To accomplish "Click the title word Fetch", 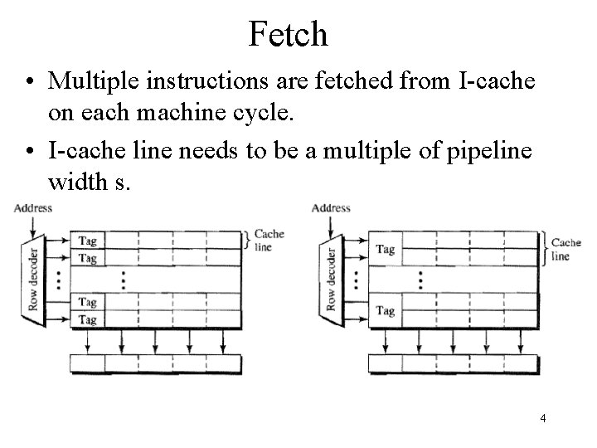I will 289,33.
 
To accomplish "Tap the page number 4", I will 542,419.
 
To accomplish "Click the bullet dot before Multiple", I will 29,81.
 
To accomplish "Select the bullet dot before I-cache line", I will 29,152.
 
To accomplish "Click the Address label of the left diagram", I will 33,207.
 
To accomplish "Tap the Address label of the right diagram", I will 331,207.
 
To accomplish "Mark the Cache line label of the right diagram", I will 566,249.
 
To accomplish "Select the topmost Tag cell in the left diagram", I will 87,241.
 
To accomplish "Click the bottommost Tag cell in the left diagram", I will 87,319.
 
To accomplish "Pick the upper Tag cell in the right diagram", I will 385,249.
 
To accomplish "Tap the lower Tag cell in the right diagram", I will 385,311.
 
